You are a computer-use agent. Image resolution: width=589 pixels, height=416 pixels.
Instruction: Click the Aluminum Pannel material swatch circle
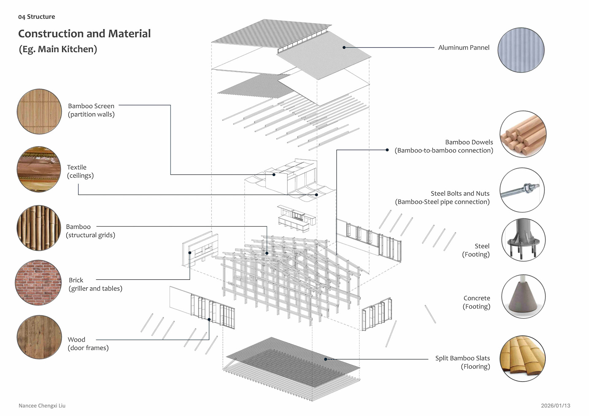pyautogui.click(x=521, y=50)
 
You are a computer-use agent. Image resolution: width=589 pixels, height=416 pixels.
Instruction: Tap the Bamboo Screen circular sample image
pyautogui.click(x=39, y=111)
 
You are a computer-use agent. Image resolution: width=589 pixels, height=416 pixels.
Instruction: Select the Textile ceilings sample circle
pyautogui.click(x=39, y=169)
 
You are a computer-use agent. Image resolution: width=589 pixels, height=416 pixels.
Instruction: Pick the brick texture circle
pyautogui.click(x=38, y=283)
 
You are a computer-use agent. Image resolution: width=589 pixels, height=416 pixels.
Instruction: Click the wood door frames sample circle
pyautogui.click(x=39, y=337)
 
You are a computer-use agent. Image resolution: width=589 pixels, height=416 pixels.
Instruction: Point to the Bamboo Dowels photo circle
pyautogui.click(x=523, y=134)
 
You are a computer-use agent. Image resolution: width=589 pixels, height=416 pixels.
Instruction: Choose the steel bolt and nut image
pyautogui.click(x=522, y=190)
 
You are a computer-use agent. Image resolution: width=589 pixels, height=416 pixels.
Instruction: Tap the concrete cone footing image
pyautogui.click(x=523, y=296)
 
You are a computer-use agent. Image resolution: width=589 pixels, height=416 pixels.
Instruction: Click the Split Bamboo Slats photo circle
pyautogui.click(x=522, y=358)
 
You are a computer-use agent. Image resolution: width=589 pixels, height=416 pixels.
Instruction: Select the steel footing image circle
pyautogui.click(x=523, y=240)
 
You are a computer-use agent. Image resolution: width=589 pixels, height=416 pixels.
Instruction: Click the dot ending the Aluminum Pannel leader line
pyautogui.click(x=344, y=48)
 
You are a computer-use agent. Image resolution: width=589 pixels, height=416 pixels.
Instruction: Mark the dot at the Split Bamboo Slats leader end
pyautogui.click(x=325, y=359)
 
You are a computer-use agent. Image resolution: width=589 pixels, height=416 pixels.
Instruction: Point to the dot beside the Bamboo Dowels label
pyautogui.click(x=387, y=150)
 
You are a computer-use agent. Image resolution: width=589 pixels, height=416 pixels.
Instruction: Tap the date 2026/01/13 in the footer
pyautogui.click(x=555, y=406)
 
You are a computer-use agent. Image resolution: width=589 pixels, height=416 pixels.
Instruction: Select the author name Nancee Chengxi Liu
pyautogui.click(x=42, y=406)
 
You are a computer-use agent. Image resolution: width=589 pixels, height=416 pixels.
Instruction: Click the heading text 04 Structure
pyautogui.click(x=37, y=17)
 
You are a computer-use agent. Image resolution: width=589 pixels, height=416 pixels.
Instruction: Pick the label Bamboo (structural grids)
pyautogui.click(x=90, y=231)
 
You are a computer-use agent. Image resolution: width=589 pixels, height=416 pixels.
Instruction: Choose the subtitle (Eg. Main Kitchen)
pyautogui.click(x=58, y=49)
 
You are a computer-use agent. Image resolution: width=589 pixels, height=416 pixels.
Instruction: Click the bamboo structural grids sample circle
pyautogui.click(x=39, y=228)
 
